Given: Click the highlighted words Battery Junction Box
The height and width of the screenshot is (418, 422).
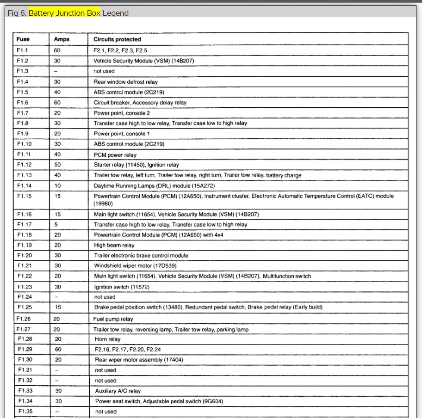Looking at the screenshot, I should (x=64, y=13).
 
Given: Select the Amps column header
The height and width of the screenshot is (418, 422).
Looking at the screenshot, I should (x=62, y=40).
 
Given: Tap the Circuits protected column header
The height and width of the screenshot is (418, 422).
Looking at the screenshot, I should (x=117, y=40).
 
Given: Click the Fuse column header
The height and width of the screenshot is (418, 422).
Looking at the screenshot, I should (x=23, y=40).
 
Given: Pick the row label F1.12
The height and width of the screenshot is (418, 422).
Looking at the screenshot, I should (x=25, y=165).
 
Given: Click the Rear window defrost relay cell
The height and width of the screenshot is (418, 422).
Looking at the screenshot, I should (x=125, y=82).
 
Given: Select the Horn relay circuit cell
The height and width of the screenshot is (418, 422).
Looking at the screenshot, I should (x=107, y=339).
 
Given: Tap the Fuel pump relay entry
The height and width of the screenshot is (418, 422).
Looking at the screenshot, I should (x=113, y=319).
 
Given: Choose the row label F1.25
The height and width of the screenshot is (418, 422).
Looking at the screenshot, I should (x=25, y=307).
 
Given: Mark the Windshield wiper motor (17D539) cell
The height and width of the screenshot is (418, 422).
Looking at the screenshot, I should (x=135, y=266).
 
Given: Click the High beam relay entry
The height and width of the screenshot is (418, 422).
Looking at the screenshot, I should (x=114, y=246).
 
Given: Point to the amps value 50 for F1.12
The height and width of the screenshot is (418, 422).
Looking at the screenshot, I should (x=57, y=165).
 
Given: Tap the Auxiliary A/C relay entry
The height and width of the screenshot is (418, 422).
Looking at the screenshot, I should (x=118, y=391).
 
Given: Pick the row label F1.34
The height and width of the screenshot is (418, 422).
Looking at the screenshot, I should (x=25, y=401).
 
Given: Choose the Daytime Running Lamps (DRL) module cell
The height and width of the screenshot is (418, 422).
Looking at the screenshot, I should (x=154, y=186).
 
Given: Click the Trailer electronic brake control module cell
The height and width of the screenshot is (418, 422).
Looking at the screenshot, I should (x=141, y=256).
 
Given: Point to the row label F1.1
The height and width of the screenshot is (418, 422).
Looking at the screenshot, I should (x=23, y=50).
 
